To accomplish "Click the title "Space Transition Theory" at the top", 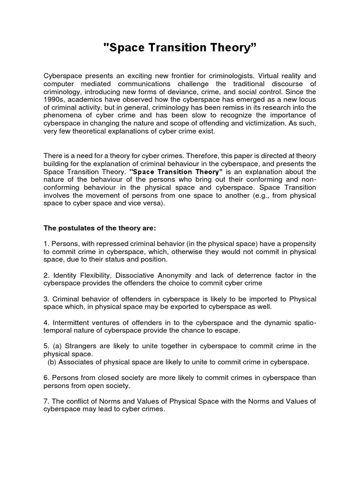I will tap(180, 47).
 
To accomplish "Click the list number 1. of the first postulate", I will tap(46, 244).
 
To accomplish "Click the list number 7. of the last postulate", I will tap(46, 401).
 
